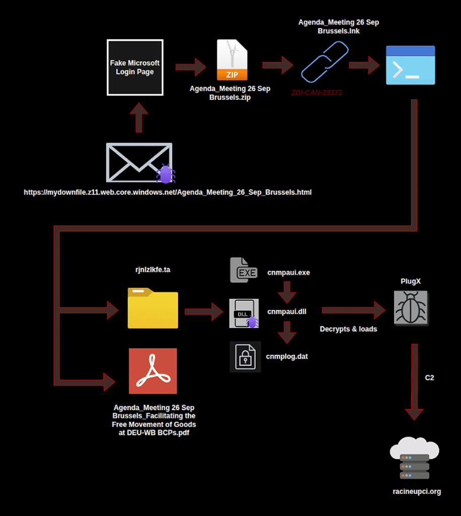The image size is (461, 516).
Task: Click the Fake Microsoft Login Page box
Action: (x=135, y=67)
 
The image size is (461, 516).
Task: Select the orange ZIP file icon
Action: (x=232, y=60)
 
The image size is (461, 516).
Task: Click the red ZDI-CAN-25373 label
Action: (x=317, y=93)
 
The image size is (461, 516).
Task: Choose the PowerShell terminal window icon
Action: (x=410, y=65)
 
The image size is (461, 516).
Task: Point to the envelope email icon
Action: (x=139, y=162)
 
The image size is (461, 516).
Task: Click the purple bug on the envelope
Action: (x=165, y=174)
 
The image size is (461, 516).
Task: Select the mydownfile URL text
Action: (x=167, y=192)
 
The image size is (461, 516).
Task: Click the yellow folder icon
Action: (x=153, y=308)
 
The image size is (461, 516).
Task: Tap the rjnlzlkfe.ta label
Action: (x=152, y=270)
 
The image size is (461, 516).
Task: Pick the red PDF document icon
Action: (x=153, y=371)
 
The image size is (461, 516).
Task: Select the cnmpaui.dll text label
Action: (x=286, y=311)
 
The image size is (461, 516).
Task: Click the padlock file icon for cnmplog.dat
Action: (x=245, y=357)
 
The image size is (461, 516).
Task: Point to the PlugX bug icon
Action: (x=411, y=307)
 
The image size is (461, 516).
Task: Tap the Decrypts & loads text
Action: (x=348, y=329)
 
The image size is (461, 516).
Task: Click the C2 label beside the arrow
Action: (x=429, y=377)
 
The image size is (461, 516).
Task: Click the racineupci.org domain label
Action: (x=416, y=491)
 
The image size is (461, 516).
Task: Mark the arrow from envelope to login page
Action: (x=139, y=117)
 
